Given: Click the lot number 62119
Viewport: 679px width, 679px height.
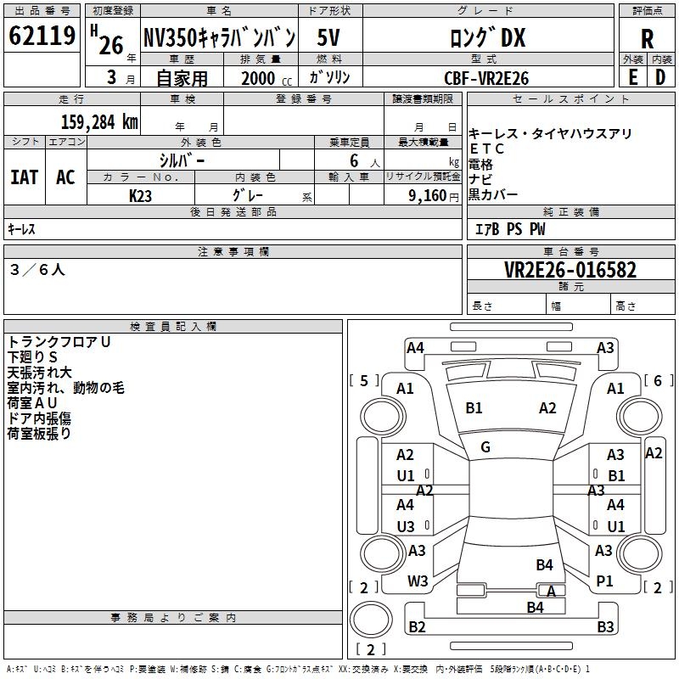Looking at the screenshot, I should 42,36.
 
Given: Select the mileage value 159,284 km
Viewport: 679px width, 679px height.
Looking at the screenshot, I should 98,121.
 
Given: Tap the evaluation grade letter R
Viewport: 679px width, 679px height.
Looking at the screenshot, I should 647,39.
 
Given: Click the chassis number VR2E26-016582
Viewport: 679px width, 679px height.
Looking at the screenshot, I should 570,270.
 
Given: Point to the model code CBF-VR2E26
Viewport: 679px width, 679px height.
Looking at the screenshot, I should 486,77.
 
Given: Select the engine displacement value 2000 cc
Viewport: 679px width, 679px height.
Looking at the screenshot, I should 264,78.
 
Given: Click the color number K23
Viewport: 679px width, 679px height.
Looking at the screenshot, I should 141,194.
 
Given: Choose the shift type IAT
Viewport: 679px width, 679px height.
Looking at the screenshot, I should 24,177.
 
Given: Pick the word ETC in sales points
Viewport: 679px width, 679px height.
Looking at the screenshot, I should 487,149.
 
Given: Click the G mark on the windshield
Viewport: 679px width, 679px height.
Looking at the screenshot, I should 485,447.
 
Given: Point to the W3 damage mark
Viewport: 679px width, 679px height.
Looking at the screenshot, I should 418,581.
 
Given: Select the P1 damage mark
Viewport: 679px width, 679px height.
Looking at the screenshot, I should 604,581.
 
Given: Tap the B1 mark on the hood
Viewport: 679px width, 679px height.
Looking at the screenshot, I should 474,408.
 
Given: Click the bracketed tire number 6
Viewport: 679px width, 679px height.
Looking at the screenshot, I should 657,381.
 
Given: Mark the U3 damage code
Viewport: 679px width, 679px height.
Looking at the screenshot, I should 406,527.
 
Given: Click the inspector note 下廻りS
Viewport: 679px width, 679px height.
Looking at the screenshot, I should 32,356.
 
